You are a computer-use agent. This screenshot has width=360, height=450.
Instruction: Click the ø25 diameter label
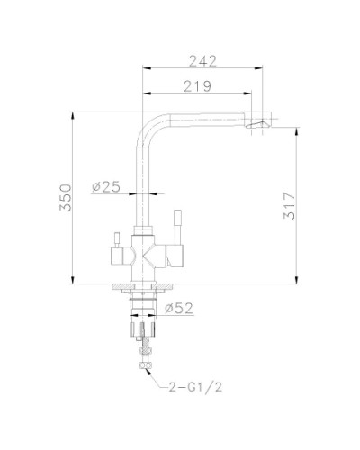(107, 187)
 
